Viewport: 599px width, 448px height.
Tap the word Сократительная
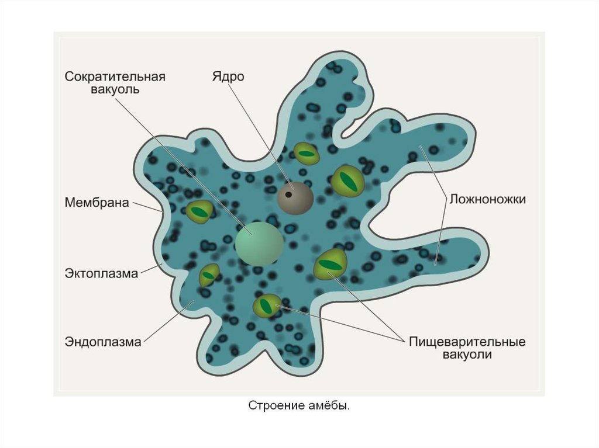pyautogui.click(x=115, y=77)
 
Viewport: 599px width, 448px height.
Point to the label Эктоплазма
pyautogui.click(x=101, y=273)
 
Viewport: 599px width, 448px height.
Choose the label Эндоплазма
pyautogui.click(x=103, y=342)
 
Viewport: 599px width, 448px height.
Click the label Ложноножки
pyautogui.click(x=487, y=199)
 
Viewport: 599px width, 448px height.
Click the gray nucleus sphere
pyautogui.click(x=295, y=197)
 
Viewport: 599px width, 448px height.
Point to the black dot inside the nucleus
pyautogui.click(x=289, y=194)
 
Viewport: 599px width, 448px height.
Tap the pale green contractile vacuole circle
pyautogui.click(x=259, y=243)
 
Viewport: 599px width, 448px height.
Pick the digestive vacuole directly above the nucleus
pyautogui.click(x=307, y=153)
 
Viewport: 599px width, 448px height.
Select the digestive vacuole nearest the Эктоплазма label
pyautogui.click(x=209, y=275)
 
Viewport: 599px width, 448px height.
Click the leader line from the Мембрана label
pyautogui.click(x=148, y=206)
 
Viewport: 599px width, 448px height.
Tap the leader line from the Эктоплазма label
pyautogui.click(x=150, y=269)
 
